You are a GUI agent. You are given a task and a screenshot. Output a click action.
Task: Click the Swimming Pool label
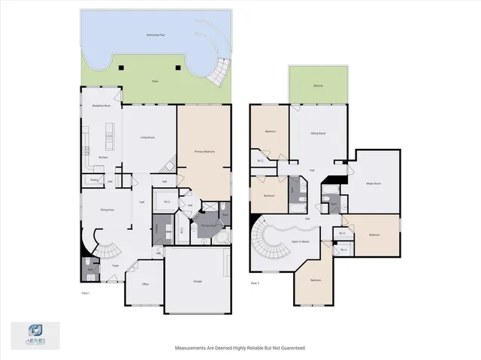(x=135, y=35)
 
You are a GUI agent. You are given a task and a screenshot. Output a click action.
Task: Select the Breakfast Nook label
(x=101, y=107)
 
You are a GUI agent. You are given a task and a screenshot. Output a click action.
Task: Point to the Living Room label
(x=147, y=138)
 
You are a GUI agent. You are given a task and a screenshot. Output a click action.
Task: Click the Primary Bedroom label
(x=204, y=151)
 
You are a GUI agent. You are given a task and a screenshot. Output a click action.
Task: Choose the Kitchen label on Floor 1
(x=102, y=157)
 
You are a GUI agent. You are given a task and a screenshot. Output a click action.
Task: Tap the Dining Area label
(x=107, y=210)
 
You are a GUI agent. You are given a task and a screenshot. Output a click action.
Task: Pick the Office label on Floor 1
(x=145, y=284)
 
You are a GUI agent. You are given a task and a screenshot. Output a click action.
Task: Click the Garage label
(x=197, y=281)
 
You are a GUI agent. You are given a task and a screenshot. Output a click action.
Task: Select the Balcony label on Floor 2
(x=319, y=86)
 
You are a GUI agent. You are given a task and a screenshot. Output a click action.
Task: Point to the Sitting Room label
(x=318, y=133)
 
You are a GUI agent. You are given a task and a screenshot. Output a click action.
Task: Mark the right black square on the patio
(x=177, y=68)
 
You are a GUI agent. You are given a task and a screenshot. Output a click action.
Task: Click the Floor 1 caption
(x=85, y=292)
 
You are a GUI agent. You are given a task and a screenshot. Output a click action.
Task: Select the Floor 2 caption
(x=255, y=283)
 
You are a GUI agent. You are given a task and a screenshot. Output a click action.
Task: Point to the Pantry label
(x=95, y=180)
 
